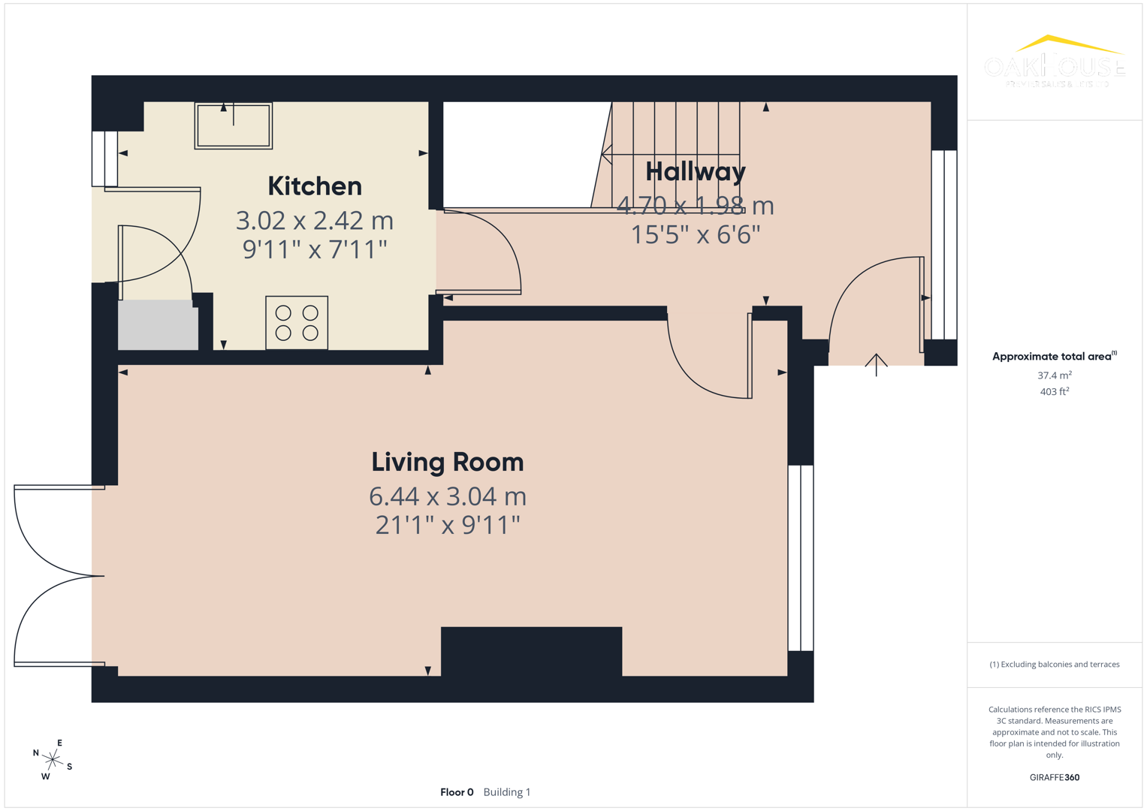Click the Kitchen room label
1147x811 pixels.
click(314, 186)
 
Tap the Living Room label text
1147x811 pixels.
click(447, 462)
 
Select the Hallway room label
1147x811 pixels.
click(695, 172)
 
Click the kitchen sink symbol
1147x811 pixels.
click(234, 125)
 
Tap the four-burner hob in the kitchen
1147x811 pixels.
click(297, 323)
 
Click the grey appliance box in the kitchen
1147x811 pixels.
click(158, 325)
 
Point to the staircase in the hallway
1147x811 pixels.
click(672, 154)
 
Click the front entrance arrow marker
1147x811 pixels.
click(876, 364)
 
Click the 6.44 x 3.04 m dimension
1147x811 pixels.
click(447, 496)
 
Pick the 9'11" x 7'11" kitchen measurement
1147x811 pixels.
click(314, 249)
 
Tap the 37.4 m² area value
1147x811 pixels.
click(1054, 375)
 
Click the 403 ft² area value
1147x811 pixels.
click(1054, 391)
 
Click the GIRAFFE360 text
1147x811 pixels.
click(1054, 777)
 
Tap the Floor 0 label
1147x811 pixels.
click(457, 792)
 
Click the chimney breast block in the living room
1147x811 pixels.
click(531, 652)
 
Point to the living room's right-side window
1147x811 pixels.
click(801, 557)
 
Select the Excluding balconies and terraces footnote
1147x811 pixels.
click(1054, 665)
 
